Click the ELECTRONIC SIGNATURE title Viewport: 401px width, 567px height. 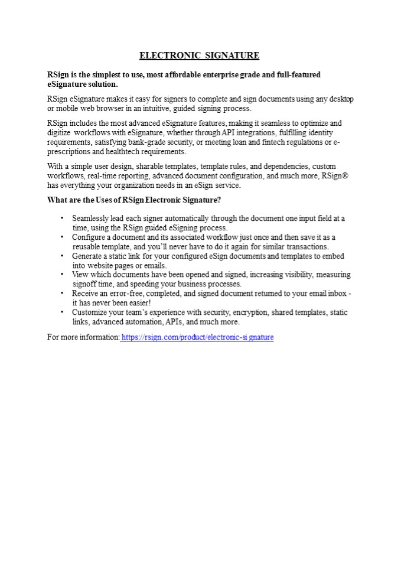[199, 56]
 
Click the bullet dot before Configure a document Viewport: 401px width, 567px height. [61, 237]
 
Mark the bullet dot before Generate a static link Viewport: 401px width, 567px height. [61, 256]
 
